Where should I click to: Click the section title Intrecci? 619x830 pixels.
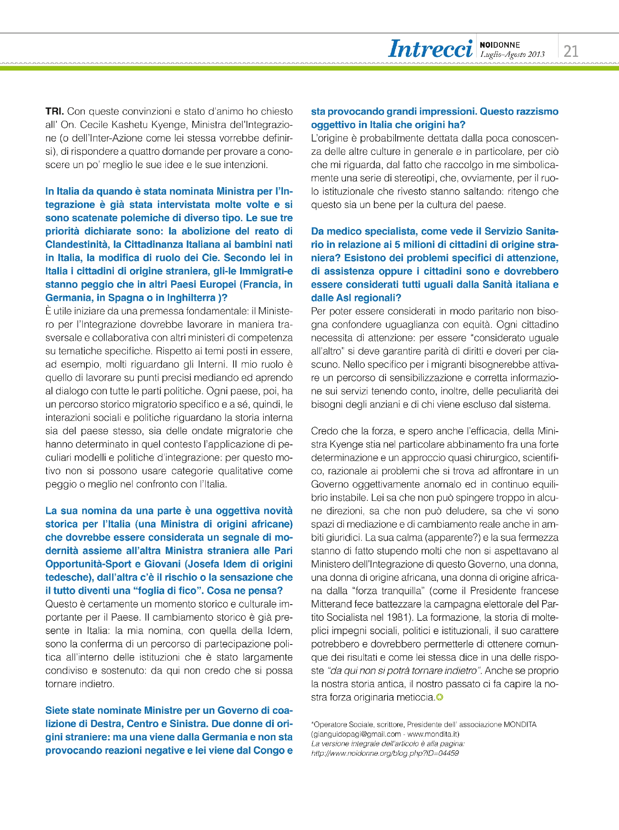pos(430,49)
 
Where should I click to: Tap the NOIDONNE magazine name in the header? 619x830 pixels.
pos(500,45)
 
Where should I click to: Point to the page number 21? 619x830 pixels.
pos(571,51)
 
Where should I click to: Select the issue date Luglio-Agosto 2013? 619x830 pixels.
pos(512,54)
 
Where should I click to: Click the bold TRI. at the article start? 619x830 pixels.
pos(54,112)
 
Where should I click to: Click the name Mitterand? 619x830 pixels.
pos(332,604)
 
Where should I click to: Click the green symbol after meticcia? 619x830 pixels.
pos(440,698)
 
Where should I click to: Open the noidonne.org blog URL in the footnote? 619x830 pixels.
pos(385,753)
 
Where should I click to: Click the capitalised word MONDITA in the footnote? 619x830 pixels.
pos(520,725)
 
